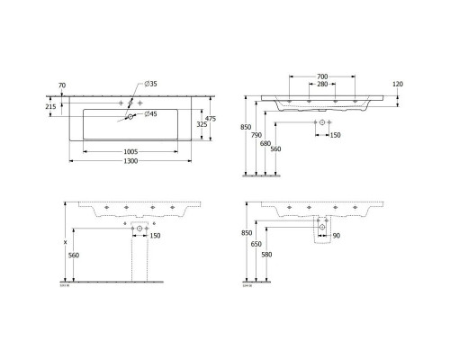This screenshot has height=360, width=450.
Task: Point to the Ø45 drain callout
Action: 154,114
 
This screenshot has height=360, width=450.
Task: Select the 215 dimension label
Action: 51,106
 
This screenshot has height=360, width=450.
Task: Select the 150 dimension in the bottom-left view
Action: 154,236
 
